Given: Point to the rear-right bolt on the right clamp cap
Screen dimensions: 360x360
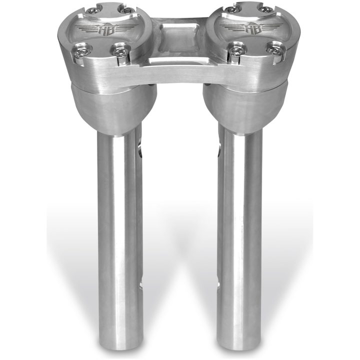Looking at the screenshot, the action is tap(266, 9).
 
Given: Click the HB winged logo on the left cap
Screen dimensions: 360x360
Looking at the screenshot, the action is tap(107, 28).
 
